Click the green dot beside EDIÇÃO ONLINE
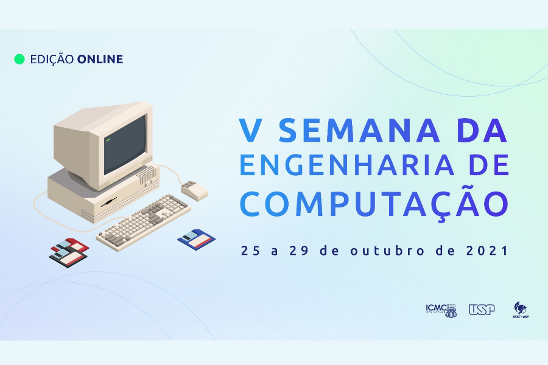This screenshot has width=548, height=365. [x=19, y=59]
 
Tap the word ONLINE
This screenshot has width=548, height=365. [x=100, y=59]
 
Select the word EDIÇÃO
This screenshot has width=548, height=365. [x=52, y=59]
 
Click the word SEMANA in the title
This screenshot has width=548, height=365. [x=359, y=131]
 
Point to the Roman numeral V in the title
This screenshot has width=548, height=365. [x=251, y=131]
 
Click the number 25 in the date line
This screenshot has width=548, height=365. [x=251, y=251]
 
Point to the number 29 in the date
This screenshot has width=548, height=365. [x=299, y=251]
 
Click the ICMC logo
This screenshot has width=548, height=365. [x=441, y=310]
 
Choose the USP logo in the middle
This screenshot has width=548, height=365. [x=482, y=310]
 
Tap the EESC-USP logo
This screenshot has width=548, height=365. [x=521, y=310]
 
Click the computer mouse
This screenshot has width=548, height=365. [x=194, y=190]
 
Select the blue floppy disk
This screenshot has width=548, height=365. [x=197, y=239]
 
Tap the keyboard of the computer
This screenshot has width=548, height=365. [x=143, y=223]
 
